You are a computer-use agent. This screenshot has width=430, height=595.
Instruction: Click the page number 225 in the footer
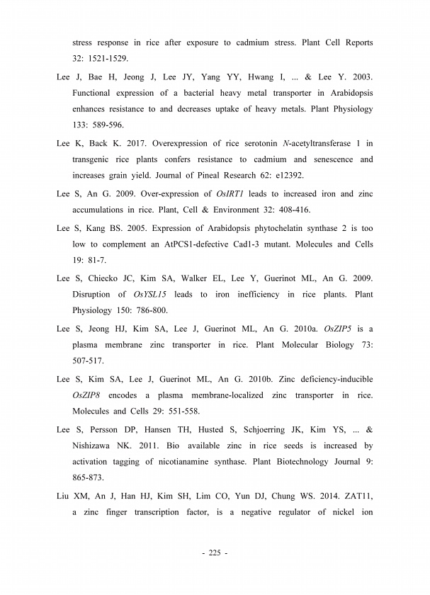click(x=215, y=552)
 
